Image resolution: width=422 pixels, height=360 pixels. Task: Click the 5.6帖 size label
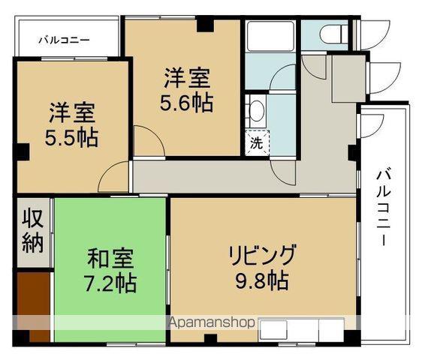(x=187, y=103)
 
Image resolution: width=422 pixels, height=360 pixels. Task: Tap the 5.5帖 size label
(x=71, y=138)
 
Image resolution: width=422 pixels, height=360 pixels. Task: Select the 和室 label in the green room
(x=110, y=259)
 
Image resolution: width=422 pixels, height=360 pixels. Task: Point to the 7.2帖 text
(x=110, y=283)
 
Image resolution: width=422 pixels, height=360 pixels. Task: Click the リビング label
(x=262, y=254)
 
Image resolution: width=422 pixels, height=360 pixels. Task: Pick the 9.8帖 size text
(x=262, y=280)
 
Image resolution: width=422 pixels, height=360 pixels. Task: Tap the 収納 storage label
(x=33, y=231)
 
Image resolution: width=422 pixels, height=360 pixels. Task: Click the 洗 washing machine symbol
(x=257, y=143)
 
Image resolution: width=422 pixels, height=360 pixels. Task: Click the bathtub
(x=270, y=36)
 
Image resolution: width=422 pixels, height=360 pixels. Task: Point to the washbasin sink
(x=256, y=111)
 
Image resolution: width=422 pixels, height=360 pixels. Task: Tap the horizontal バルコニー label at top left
(x=64, y=40)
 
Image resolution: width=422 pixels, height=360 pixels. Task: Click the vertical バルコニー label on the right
(x=383, y=205)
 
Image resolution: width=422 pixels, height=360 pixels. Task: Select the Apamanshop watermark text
(x=211, y=322)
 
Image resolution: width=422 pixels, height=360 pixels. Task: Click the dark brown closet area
(x=34, y=307)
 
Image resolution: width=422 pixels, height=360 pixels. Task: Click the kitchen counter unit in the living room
(x=301, y=330)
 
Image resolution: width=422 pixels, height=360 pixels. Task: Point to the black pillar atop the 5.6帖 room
(x=205, y=24)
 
